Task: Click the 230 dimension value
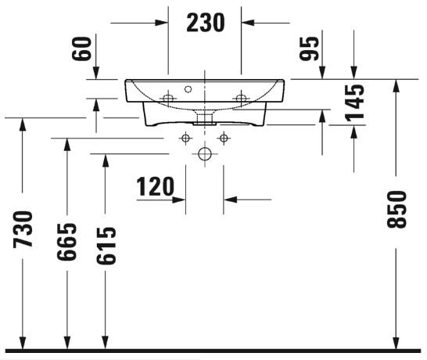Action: coord(205,22)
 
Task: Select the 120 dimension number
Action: coord(155,187)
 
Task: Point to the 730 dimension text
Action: coord(23,229)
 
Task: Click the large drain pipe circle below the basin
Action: coord(205,154)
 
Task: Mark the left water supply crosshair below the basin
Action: coord(185,139)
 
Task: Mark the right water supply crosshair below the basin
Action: coord(224,139)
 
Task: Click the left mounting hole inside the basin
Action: coord(167,97)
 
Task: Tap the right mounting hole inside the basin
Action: coord(242,97)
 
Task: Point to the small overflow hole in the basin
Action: coord(188,88)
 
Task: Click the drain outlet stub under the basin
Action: coord(205,118)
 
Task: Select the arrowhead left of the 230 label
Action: coord(163,23)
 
